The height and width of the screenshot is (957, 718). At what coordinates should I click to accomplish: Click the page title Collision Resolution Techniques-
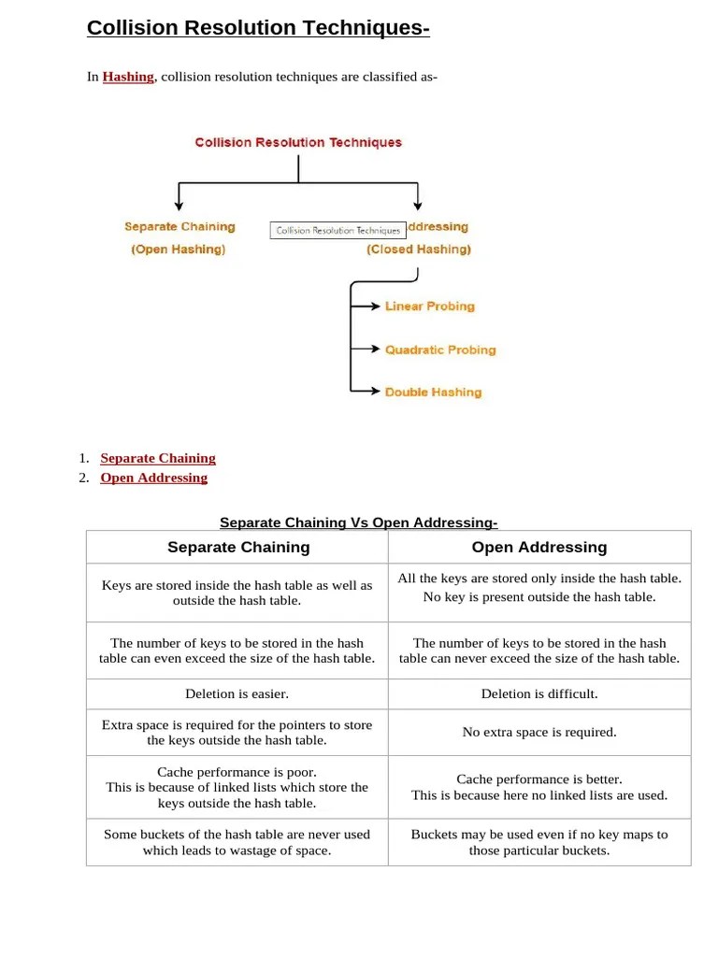point(258,29)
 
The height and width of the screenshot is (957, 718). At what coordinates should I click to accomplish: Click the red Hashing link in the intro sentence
point(128,77)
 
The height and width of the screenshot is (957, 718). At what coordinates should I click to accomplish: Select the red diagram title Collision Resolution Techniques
point(298,143)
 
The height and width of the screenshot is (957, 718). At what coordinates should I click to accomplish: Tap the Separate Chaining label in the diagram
point(179,227)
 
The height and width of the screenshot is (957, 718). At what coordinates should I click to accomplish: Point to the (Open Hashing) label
point(179,250)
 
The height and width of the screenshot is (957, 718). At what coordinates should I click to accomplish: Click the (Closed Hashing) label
point(419,250)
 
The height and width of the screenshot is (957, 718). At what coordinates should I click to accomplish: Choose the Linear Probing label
point(429,307)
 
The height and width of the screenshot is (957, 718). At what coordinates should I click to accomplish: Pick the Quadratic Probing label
point(440,350)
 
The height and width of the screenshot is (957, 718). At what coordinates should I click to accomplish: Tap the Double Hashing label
point(433,393)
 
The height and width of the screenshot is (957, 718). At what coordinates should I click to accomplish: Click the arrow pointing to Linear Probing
point(366,307)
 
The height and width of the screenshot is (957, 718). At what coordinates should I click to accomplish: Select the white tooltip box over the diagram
point(337,230)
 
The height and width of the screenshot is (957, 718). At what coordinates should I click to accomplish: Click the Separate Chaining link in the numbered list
point(158,458)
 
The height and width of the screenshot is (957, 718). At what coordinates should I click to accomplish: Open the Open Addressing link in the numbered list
point(154,478)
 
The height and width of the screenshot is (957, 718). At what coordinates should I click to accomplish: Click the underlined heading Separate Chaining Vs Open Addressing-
point(359,522)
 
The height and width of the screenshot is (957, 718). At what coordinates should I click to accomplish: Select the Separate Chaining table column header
point(238,548)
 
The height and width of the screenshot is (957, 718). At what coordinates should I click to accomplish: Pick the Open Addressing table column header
point(539,548)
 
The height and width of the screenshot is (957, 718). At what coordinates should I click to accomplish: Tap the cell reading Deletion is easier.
point(237,694)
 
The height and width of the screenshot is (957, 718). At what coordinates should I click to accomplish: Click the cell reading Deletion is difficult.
point(539,694)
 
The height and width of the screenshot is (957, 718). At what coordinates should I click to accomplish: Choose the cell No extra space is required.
point(539,733)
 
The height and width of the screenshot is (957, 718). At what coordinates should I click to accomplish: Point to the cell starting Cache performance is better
point(539,787)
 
